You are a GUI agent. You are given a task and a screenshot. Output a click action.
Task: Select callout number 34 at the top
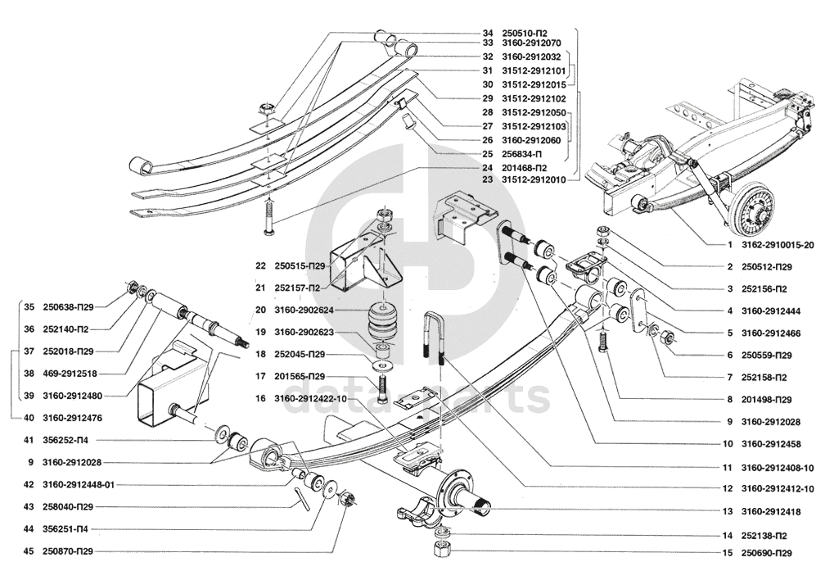point(488,32)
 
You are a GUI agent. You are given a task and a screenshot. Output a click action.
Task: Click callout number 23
point(488,179)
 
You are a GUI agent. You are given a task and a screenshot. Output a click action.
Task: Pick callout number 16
point(260,398)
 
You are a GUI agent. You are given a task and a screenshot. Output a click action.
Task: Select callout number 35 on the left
point(29,307)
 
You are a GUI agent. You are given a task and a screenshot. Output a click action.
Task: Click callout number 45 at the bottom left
point(29,551)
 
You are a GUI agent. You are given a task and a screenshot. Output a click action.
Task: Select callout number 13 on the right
point(728,511)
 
